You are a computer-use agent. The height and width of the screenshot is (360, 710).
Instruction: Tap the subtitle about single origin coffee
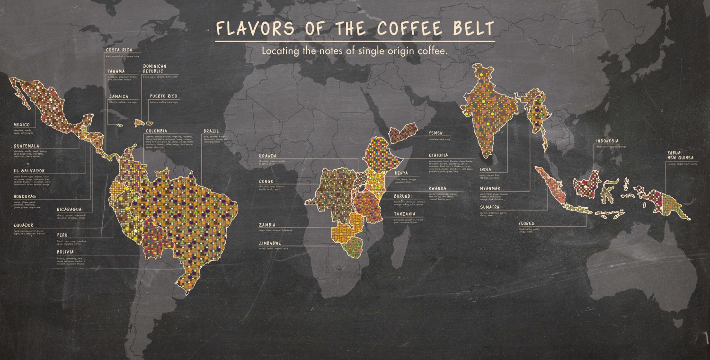coord(355,51)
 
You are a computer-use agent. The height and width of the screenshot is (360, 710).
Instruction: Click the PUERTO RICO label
coord(163,97)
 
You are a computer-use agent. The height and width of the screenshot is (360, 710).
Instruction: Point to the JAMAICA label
coord(118,97)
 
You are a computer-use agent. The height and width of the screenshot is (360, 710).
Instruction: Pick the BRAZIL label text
coord(211,131)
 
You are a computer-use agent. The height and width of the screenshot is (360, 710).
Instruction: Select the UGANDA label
coord(268,156)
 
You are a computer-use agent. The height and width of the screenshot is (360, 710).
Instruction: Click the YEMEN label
coord(436,133)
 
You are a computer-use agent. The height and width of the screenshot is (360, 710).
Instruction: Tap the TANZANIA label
coord(405,214)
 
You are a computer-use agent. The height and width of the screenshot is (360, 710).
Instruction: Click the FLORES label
coord(526,223)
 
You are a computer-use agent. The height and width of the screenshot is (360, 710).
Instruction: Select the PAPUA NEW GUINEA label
coord(680,156)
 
